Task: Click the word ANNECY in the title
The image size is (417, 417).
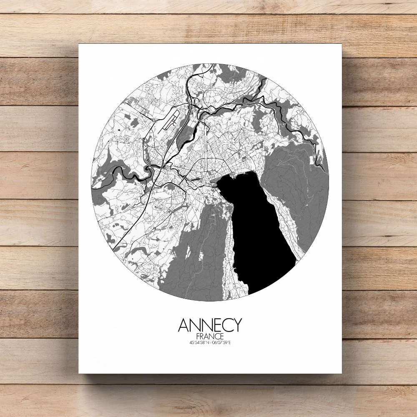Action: point(210,325)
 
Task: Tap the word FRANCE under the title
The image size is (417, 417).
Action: point(210,336)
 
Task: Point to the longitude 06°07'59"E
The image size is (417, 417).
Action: point(222,343)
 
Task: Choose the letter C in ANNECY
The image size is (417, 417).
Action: point(226,325)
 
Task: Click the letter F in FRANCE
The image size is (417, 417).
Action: point(197,336)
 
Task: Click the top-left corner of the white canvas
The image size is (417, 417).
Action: point(79,44)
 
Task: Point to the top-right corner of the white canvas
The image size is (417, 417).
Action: point(342,44)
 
